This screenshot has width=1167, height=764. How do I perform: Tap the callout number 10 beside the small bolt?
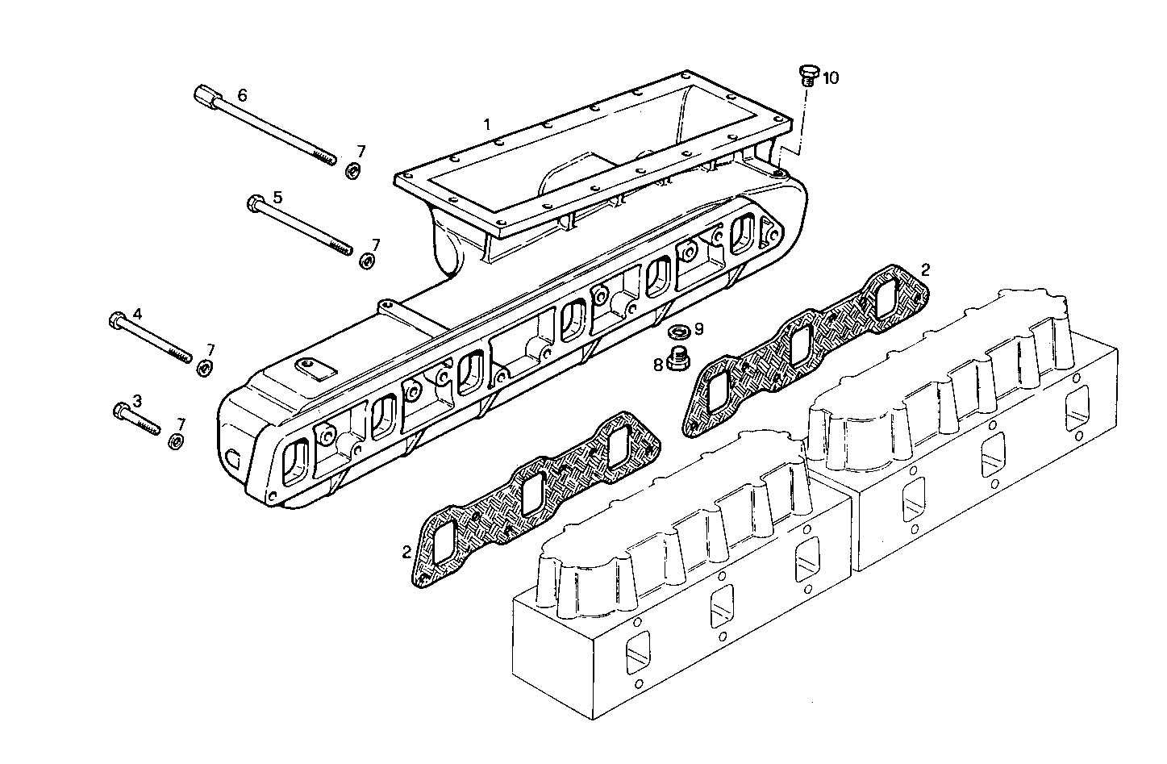click(831, 78)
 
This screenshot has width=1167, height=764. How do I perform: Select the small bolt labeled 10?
click(807, 75)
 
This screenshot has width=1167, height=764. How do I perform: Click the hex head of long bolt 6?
click(206, 98)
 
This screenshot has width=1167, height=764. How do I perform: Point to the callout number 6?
click(242, 94)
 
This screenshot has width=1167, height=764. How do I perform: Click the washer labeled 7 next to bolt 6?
click(352, 171)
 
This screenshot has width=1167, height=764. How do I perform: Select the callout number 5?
click(277, 197)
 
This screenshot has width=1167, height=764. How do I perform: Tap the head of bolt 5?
click(254, 202)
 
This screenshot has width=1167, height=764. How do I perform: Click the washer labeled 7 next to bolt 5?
click(368, 261)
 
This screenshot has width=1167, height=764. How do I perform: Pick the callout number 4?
click(137, 312)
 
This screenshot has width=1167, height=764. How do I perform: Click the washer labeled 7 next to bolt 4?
click(205, 368)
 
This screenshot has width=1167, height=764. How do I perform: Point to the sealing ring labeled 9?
click(679, 330)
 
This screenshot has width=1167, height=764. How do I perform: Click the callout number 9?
click(699, 329)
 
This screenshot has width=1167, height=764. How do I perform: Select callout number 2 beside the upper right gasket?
click(926, 269)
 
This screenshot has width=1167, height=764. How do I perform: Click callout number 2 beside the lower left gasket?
click(407, 552)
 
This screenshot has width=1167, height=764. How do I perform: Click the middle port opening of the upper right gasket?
click(800, 345)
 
